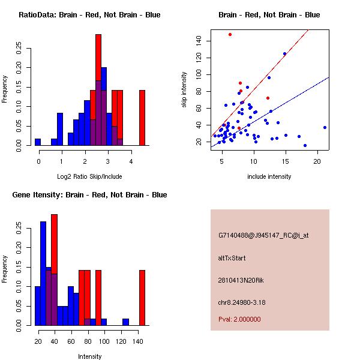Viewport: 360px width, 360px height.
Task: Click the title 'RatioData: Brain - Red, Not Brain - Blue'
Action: pyautogui.click(x=89, y=15)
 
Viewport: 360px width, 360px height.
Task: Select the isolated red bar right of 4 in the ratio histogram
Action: pyautogui.click(x=142, y=118)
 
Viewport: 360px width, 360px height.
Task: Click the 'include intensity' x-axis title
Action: pyautogui.click(x=269, y=176)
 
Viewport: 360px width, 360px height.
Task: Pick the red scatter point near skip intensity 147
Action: pyautogui.click(x=230, y=34)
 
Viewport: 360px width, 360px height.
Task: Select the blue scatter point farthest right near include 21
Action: pyautogui.click(x=325, y=127)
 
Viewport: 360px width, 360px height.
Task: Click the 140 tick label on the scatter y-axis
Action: pyautogui.click(x=199, y=40)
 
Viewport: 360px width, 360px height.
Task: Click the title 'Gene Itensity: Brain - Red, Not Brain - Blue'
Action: pyautogui.click(x=89, y=195)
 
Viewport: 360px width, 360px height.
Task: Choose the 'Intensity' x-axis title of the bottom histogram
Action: pyautogui.click(x=90, y=356)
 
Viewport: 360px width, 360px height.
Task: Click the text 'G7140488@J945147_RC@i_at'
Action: pyautogui.click(x=263, y=236)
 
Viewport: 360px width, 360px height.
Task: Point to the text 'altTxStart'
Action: pyautogui.click(x=232, y=258)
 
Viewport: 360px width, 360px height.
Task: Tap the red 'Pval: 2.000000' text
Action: pyautogui.click(x=239, y=319)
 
